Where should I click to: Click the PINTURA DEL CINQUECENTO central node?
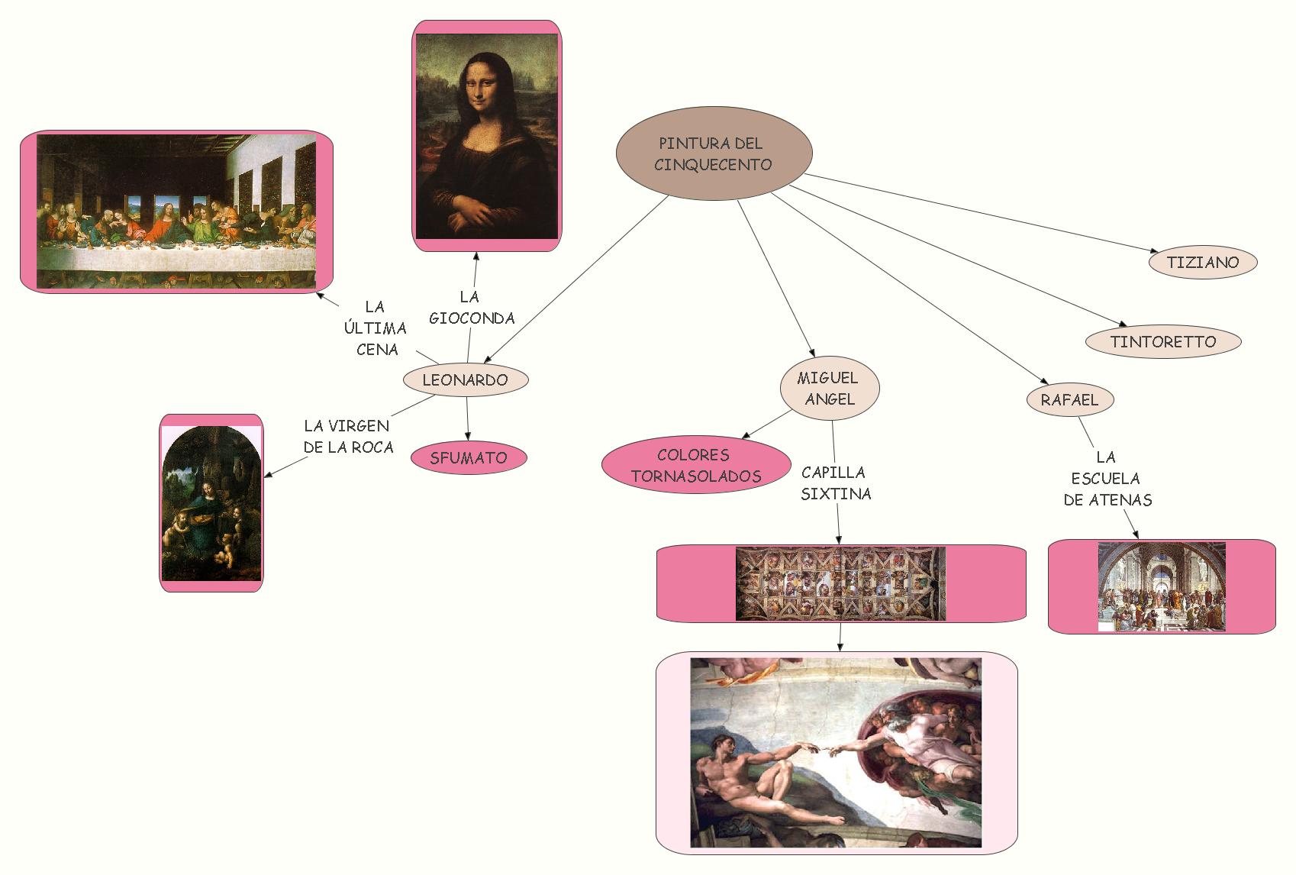coord(714,153)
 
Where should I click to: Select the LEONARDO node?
coord(465,379)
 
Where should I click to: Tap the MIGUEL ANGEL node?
coord(829,389)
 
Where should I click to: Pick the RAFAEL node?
coord(1069,399)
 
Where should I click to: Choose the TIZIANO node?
coord(1202,262)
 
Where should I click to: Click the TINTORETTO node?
coord(1162,341)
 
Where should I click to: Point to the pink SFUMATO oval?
coord(468,458)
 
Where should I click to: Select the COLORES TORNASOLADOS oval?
coord(695,466)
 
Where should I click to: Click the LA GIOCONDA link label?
coord(471,308)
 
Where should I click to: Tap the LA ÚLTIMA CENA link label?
coord(376,328)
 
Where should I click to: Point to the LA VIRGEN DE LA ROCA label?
coord(347,437)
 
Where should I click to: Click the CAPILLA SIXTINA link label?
coord(835,483)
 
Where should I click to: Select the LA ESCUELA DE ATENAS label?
coord(1107,479)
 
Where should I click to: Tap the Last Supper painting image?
coord(176,211)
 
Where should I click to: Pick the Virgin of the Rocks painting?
coord(211,503)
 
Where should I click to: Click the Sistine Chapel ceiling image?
coord(840,583)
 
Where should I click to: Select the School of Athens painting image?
coord(1161,586)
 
